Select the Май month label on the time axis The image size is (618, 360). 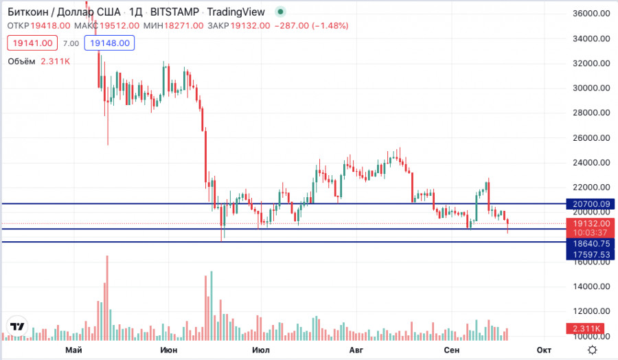[73, 350]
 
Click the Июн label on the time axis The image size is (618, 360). [168, 350]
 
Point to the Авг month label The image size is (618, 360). [355, 350]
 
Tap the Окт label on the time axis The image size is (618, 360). [544, 350]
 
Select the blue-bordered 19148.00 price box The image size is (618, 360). [110, 43]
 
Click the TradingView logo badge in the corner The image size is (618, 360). [17, 326]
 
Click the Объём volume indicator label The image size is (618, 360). [22, 61]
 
